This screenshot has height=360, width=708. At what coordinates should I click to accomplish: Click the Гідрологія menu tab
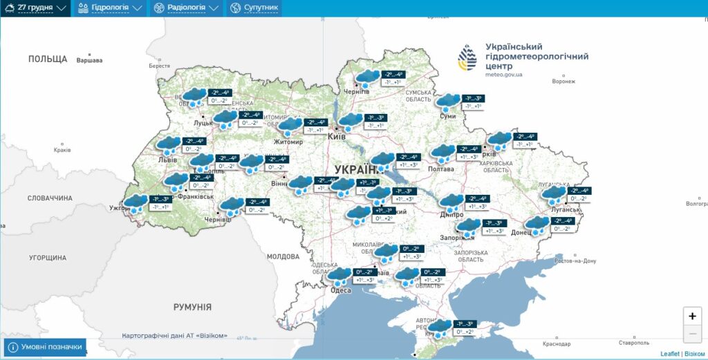coord(109,8)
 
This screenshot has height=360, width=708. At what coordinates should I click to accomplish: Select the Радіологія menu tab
coord(185,8)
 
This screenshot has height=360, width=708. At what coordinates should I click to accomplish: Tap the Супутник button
coord(254,8)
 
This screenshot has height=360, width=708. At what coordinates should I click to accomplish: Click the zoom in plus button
coord(692,316)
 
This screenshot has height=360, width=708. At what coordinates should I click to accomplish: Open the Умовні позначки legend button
coord(45,347)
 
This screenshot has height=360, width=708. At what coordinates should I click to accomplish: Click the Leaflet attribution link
coord(669,354)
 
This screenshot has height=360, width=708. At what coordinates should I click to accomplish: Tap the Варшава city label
coord(89,61)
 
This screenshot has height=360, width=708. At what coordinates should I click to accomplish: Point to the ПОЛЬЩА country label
coord(48,59)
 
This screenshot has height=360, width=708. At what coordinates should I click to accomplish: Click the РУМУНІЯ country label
coord(192,307)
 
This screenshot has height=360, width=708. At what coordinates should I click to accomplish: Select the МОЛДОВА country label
coord(283,256)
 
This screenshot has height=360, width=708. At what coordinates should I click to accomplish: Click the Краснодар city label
coord(557,343)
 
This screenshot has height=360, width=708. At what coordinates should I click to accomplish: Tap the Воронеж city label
coord(564,81)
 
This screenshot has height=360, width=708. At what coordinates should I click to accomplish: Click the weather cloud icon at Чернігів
coord(368,78)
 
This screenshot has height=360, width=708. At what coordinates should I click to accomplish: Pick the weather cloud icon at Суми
coord(448,103)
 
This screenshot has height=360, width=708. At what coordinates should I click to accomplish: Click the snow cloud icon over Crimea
coord(440,328)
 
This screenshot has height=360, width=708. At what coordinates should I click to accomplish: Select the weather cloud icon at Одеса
coord(339,277)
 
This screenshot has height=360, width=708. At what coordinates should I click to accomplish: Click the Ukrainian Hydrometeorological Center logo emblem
coord(467,58)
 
